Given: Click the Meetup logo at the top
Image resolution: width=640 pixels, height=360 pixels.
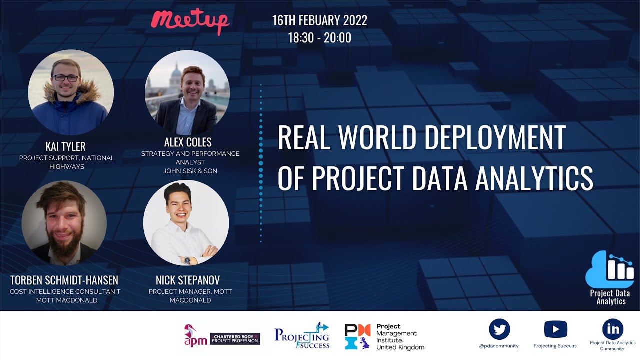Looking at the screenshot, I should (190, 21).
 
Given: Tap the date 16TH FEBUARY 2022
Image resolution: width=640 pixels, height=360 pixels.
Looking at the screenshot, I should (319, 21).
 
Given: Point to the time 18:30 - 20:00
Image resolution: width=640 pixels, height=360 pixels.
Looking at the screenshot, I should (319, 38).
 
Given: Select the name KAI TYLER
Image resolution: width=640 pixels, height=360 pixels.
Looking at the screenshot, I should (65, 146).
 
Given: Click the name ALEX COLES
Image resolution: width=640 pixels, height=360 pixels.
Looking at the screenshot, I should (188, 142).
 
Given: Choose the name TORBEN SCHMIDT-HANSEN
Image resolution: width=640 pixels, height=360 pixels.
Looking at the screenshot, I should (64, 280).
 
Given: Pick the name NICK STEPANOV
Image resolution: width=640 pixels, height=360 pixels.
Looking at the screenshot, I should (188, 280).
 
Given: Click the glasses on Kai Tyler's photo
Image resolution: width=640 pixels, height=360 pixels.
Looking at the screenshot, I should (65, 78).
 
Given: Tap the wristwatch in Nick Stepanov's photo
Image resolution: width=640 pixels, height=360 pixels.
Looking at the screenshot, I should (187, 260).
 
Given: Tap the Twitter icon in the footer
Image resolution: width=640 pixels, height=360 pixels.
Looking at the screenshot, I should (499, 329).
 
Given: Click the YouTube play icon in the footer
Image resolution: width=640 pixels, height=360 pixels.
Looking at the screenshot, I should (555, 329).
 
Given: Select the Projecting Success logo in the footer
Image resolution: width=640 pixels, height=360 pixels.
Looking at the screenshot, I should (302, 335).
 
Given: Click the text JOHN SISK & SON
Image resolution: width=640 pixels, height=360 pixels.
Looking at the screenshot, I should (190, 171).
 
